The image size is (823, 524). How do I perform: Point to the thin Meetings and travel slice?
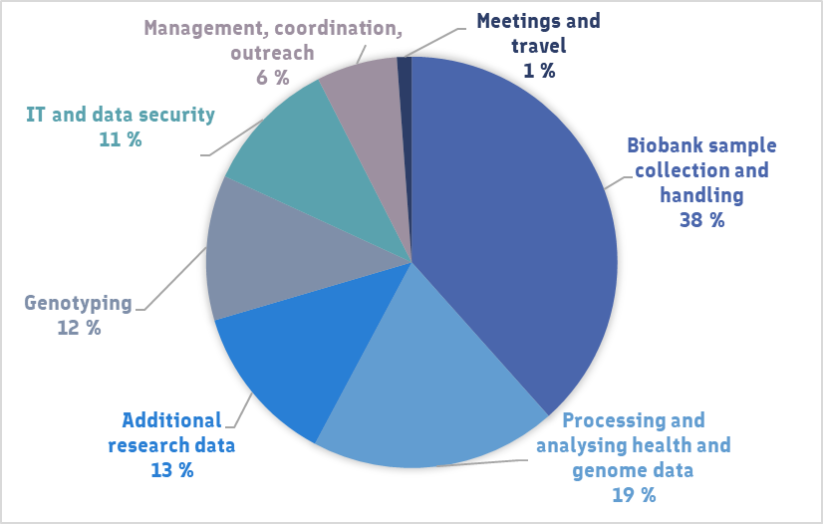405,75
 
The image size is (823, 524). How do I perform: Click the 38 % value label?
701,220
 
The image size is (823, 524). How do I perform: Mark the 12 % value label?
79,327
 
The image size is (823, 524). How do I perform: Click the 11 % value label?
120,139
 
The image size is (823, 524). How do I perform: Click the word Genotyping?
79,302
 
